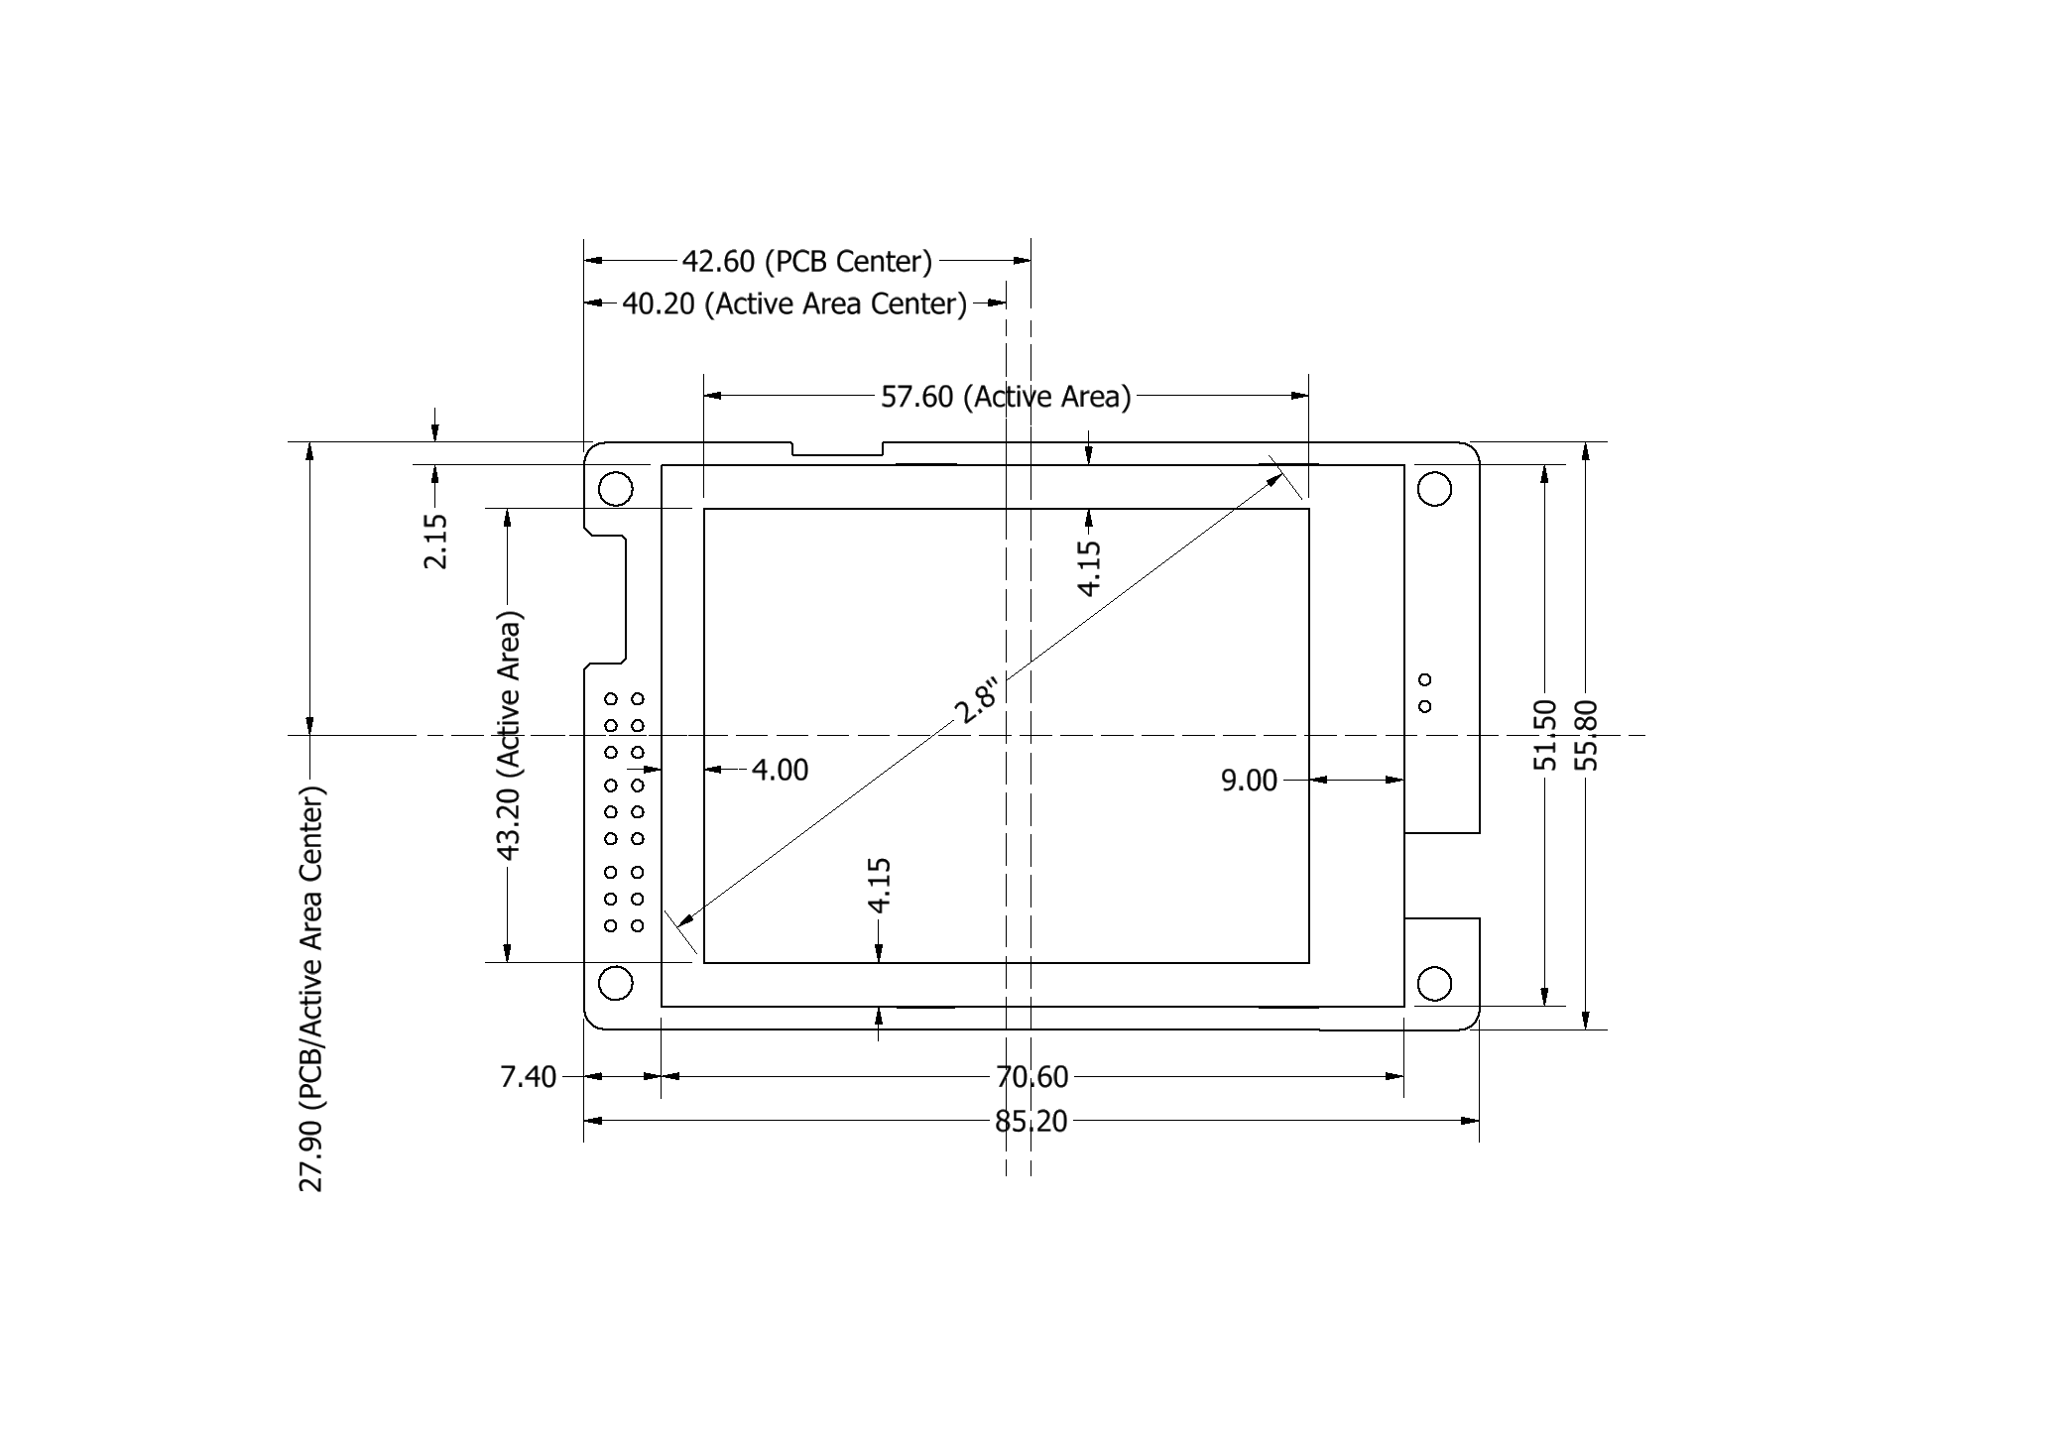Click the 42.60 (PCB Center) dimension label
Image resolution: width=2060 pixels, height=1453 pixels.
click(x=806, y=261)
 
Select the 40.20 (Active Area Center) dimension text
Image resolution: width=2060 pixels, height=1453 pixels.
click(x=793, y=303)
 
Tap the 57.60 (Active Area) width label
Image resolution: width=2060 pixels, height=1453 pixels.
click(x=1006, y=397)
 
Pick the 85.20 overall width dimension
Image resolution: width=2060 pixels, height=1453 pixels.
click(x=1031, y=1122)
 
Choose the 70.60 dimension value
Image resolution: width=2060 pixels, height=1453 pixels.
click(x=1031, y=1076)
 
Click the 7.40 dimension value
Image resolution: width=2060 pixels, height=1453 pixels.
click(x=528, y=1076)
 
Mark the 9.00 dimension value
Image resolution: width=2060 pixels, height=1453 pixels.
click(x=1249, y=782)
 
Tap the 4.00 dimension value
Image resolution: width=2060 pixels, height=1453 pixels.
click(x=780, y=770)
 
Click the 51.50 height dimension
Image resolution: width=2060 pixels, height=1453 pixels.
click(x=1545, y=735)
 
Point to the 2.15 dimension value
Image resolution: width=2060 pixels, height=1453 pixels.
click(x=435, y=541)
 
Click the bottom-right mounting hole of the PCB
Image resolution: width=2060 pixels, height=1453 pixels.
click(x=1434, y=984)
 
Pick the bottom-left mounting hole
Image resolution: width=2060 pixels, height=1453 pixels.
click(x=616, y=983)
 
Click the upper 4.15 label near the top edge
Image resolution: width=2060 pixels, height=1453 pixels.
click(x=1089, y=567)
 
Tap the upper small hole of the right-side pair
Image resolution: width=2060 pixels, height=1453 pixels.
click(x=1425, y=679)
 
